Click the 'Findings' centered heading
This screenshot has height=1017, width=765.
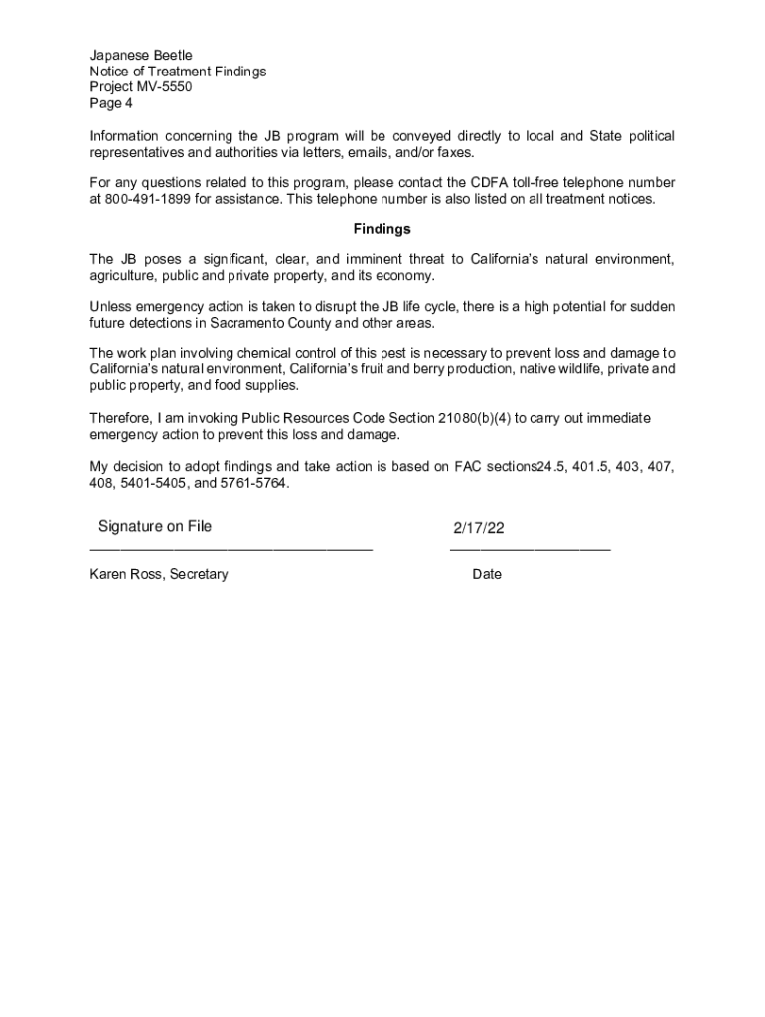[382, 229]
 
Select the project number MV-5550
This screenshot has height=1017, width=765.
[167, 87]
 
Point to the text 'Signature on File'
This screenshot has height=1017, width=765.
[155, 526]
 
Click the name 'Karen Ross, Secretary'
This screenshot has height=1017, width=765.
[159, 574]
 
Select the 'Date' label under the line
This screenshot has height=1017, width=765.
[487, 574]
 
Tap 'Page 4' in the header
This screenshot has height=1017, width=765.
[111, 103]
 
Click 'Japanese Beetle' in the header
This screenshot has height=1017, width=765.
[141, 56]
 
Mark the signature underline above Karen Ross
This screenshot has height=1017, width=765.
[230, 548]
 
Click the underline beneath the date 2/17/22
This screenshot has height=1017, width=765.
[530, 548]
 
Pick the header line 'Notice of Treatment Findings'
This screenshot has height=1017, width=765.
[178, 72]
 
